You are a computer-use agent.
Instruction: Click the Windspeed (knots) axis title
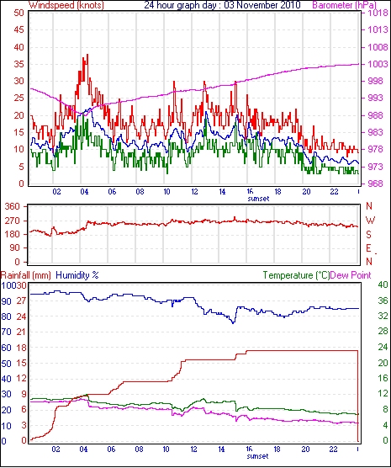point(66,5)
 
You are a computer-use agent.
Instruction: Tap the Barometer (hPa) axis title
point(344,5)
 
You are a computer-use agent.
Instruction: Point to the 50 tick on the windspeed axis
point(18,13)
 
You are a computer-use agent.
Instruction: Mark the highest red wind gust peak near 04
point(87,55)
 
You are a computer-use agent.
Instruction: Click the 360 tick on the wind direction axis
point(13,206)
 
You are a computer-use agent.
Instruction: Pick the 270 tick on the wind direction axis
point(13,221)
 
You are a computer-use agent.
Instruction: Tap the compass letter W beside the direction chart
point(370,221)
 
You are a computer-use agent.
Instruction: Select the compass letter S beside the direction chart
point(369,235)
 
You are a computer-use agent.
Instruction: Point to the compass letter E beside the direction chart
point(369,248)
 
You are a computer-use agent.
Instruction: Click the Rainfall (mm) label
point(26,275)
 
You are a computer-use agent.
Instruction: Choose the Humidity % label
point(77,275)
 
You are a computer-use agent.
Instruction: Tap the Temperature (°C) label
point(296,275)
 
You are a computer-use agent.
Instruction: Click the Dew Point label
point(351,275)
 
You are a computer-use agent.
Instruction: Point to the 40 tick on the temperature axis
point(383,285)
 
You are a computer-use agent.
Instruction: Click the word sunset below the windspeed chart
point(258,199)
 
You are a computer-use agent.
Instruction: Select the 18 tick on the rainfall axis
point(22,348)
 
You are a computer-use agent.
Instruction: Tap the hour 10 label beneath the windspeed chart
point(166,192)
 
